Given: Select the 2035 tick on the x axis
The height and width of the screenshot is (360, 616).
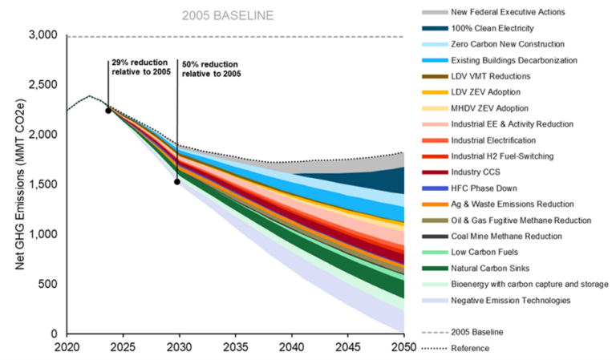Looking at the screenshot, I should [235, 347].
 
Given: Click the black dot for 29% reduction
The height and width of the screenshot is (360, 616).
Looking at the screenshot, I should [108, 111].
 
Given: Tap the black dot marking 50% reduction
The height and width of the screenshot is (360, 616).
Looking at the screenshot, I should [177, 182].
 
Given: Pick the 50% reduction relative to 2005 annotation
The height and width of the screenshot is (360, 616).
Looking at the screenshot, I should [211, 69].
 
